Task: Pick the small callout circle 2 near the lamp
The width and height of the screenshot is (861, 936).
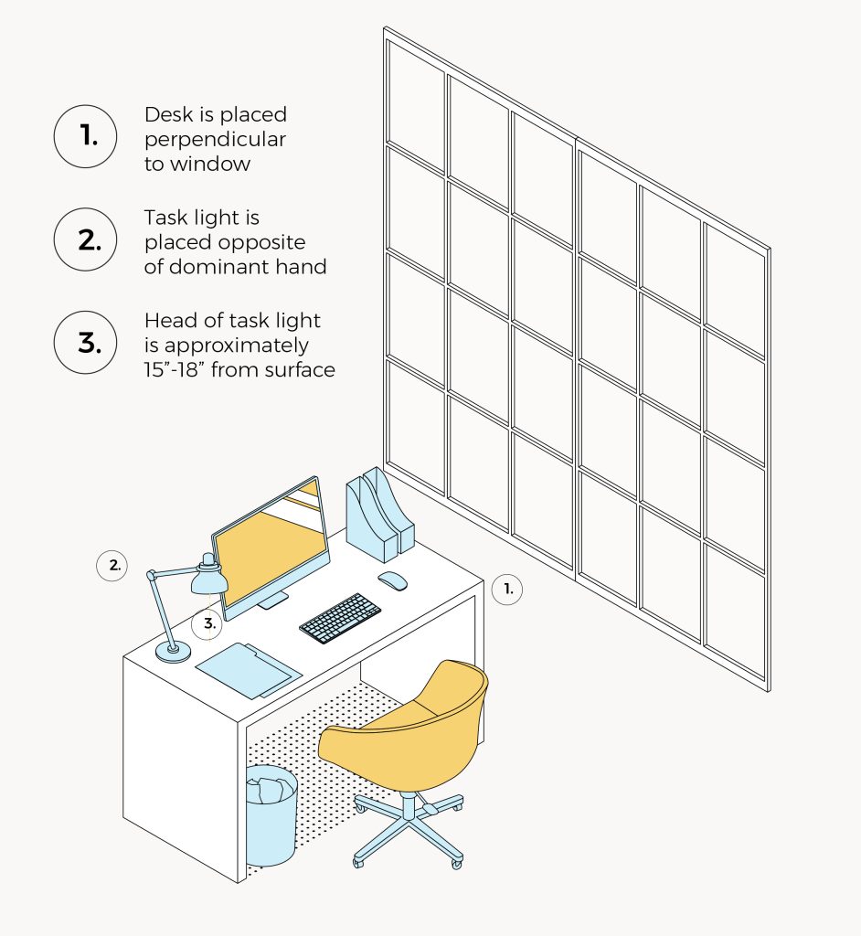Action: click(x=114, y=566)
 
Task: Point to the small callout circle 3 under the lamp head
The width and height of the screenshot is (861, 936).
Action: click(x=209, y=625)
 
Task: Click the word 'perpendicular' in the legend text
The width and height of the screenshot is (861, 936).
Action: click(x=215, y=140)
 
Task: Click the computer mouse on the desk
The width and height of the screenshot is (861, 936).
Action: click(x=393, y=580)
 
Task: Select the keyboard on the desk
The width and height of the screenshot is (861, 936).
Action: click(x=340, y=618)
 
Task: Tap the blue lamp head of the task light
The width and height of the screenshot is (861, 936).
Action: click(x=209, y=578)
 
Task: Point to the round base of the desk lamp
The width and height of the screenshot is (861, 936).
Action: click(x=173, y=651)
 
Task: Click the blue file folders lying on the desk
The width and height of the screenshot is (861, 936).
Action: click(x=247, y=669)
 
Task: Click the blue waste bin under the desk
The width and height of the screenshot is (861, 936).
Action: click(x=271, y=816)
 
